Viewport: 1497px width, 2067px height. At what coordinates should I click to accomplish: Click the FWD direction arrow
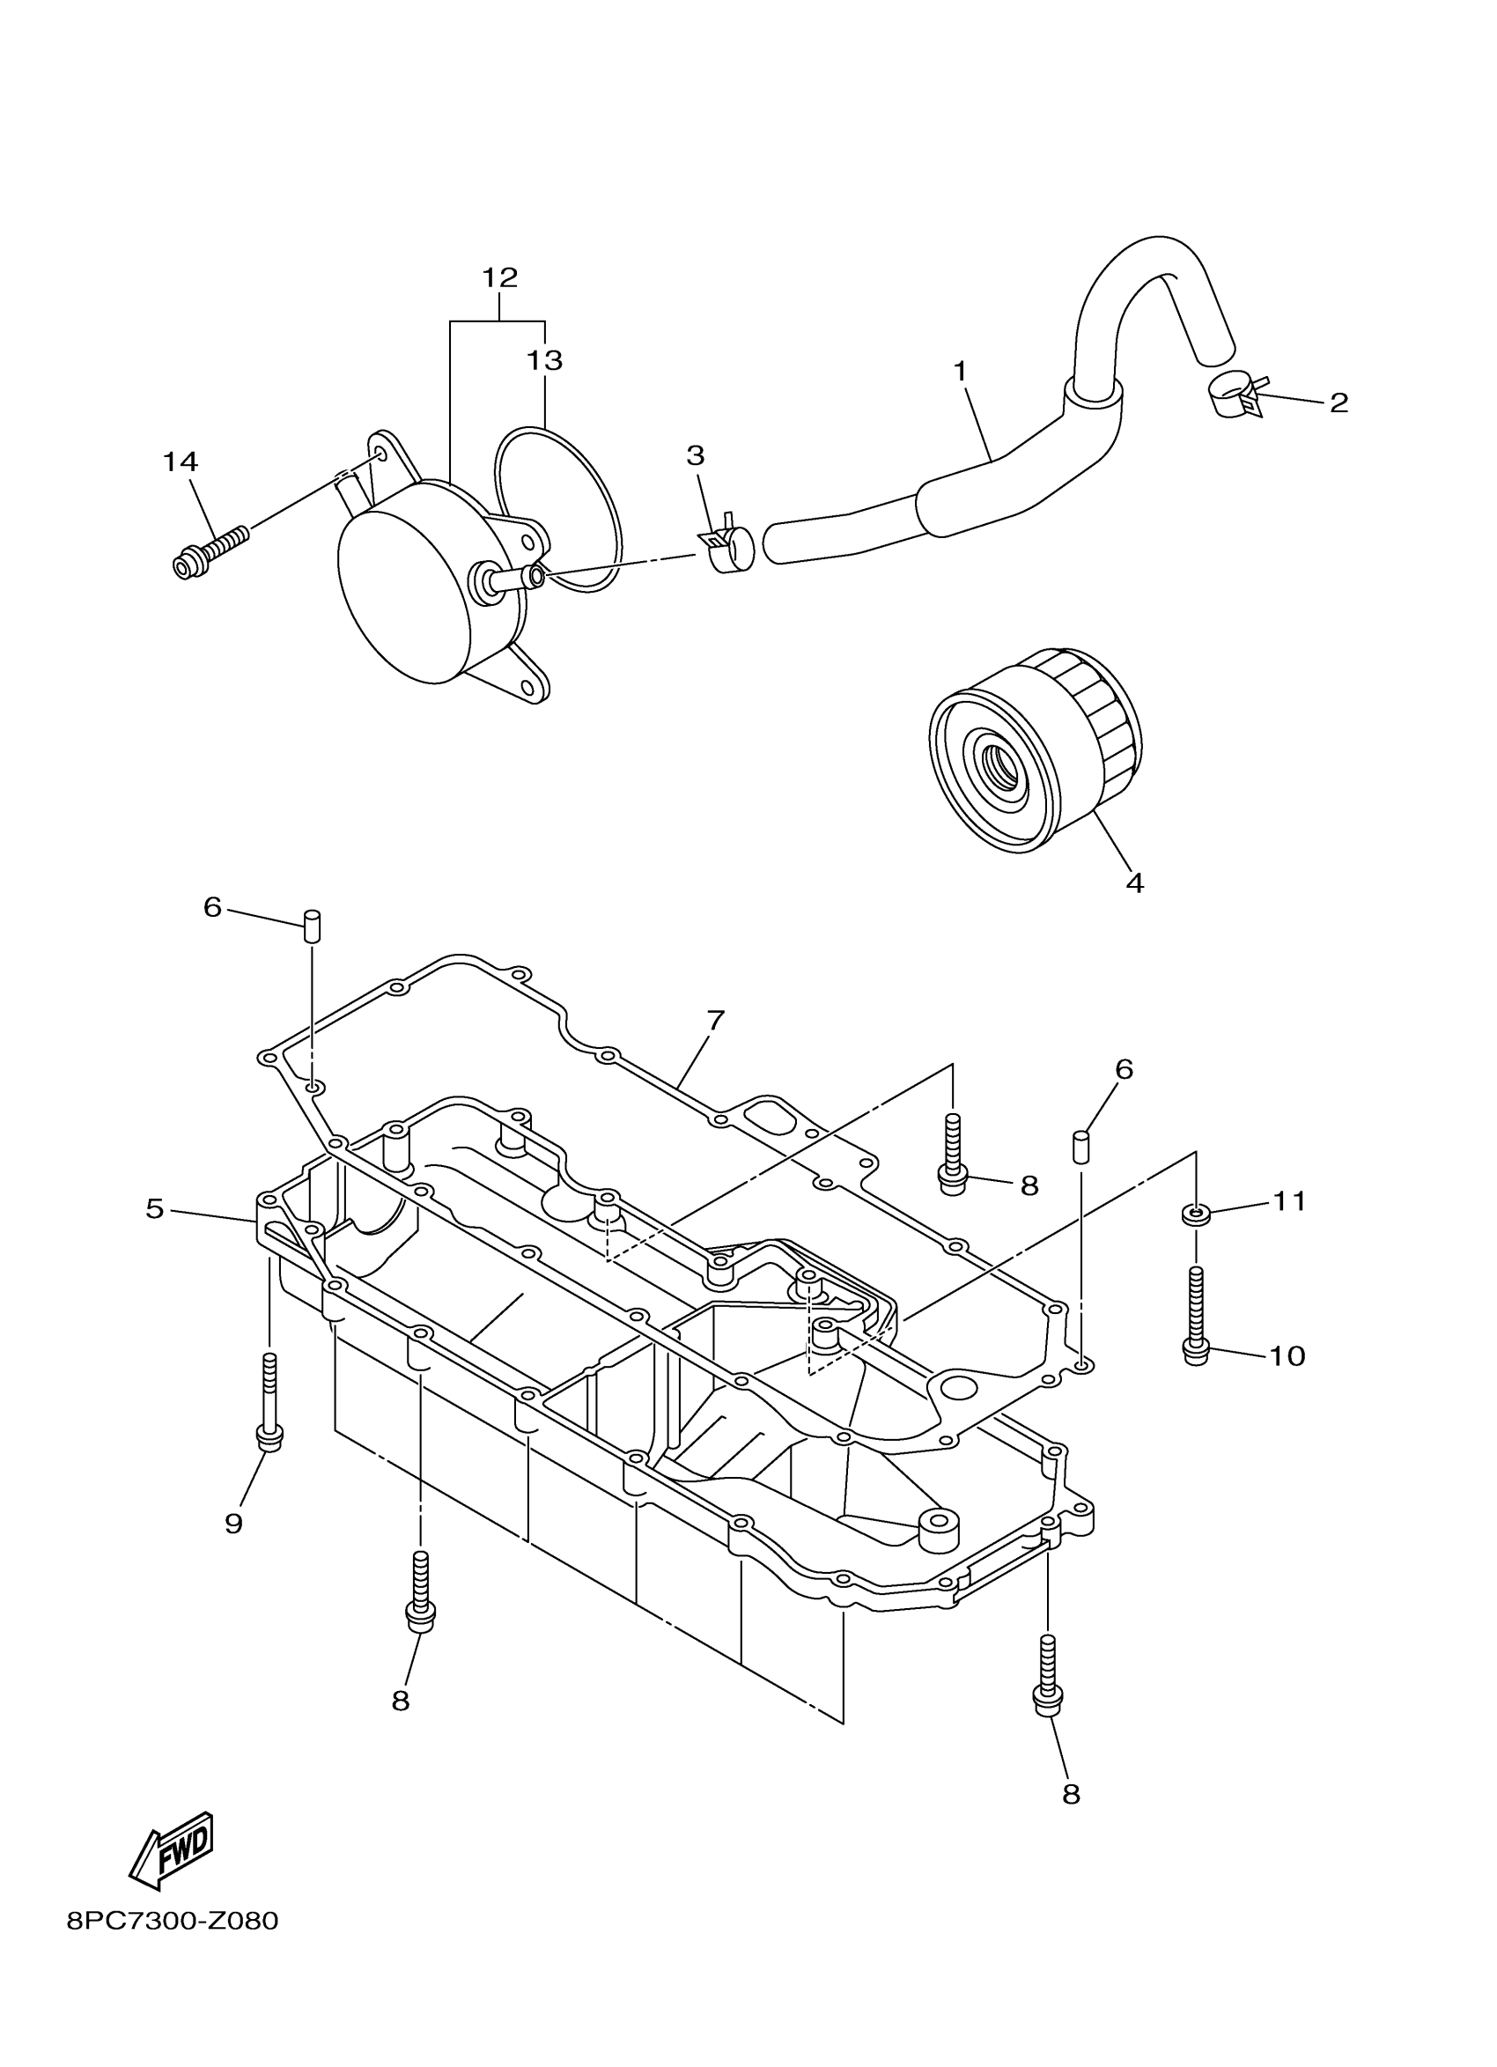point(173,1849)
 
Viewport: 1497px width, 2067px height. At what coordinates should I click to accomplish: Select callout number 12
point(499,277)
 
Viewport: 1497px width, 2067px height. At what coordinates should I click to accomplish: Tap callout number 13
point(544,361)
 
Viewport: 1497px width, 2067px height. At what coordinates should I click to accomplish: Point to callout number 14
point(181,462)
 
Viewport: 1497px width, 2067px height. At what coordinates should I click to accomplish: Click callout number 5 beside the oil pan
point(155,1208)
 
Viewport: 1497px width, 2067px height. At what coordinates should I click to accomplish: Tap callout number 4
point(1134,882)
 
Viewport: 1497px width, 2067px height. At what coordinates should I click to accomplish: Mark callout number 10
point(1287,1356)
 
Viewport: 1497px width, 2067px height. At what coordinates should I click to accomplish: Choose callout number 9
point(234,1523)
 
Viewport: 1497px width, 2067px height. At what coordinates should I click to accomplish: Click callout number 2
point(1338,402)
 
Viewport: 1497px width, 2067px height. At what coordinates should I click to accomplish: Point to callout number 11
point(1289,1202)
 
